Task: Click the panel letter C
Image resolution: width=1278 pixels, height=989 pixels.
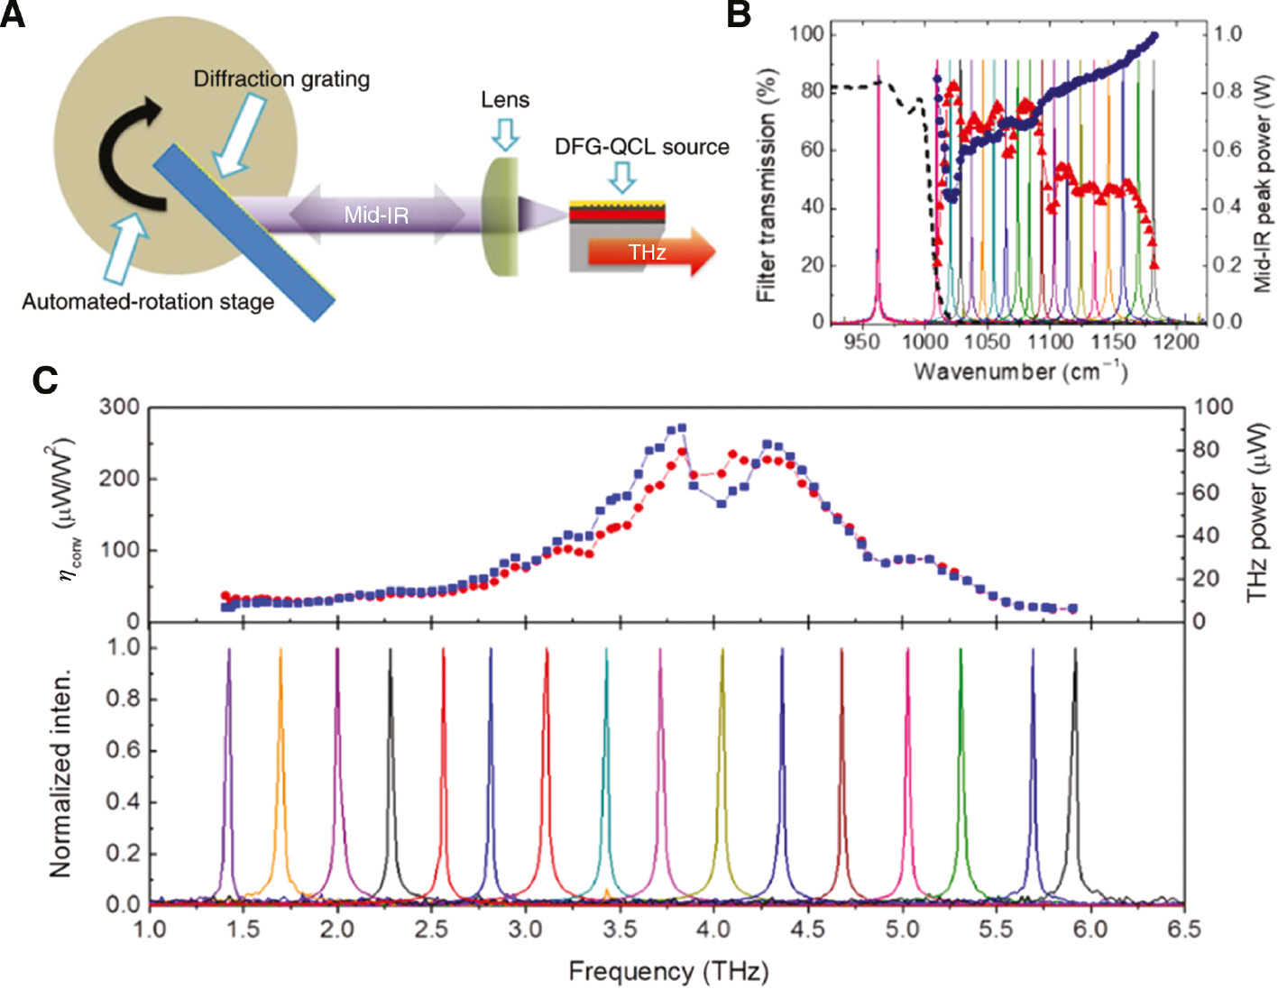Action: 44,380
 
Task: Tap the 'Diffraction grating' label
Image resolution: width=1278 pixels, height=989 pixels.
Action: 281,79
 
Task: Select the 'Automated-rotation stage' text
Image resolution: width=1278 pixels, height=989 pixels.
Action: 148,301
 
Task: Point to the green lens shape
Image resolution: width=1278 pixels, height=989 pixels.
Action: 501,216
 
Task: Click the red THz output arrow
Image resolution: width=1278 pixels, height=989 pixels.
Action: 649,252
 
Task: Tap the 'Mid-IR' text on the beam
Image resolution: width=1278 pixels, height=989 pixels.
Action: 376,215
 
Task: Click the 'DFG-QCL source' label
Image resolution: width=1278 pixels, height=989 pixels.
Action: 641,147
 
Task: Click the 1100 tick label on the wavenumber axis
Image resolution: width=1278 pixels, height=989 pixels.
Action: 1050,342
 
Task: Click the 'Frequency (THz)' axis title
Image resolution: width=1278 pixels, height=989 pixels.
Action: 668,971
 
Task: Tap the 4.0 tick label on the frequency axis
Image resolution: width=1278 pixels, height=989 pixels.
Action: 713,929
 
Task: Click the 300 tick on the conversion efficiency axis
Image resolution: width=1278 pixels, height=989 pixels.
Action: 119,407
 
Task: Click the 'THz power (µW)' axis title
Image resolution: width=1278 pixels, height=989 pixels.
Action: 1258,514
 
